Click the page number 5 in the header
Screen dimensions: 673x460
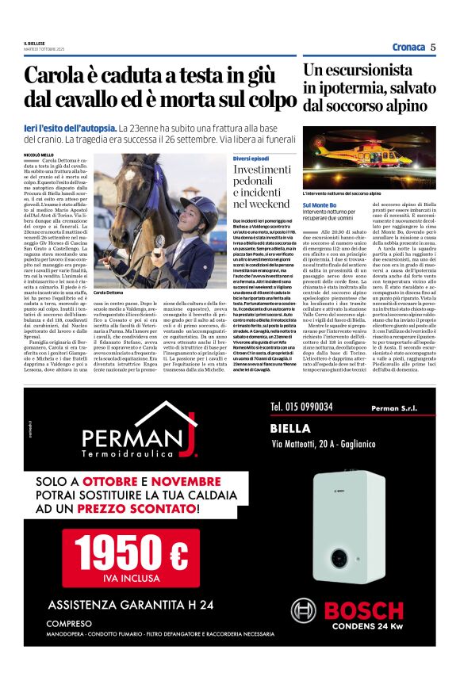point(434,47)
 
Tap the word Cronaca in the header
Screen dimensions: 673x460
point(408,47)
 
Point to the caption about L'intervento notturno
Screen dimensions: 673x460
point(342,193)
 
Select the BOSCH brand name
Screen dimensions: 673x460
point(364,610)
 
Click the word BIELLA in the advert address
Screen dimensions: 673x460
point(290,427)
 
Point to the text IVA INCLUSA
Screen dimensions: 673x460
point(136,577)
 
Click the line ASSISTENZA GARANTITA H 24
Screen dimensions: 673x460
point(131,605)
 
